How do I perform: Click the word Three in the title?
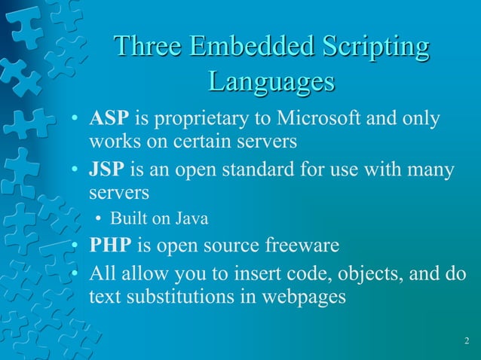tap(146, 47)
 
